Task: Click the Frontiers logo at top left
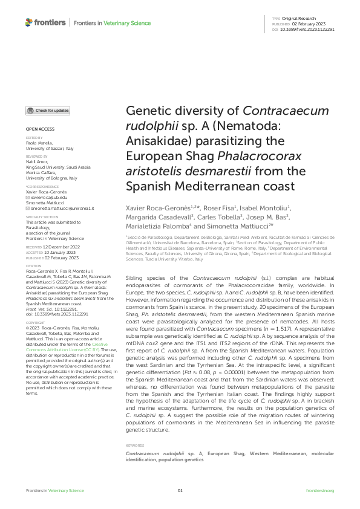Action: click(45, 23)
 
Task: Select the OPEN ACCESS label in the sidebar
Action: click(40, 129)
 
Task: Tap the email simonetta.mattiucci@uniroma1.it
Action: click(62, 207)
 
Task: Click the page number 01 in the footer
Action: click(180, 490)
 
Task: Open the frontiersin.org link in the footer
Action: click(320, 490)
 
